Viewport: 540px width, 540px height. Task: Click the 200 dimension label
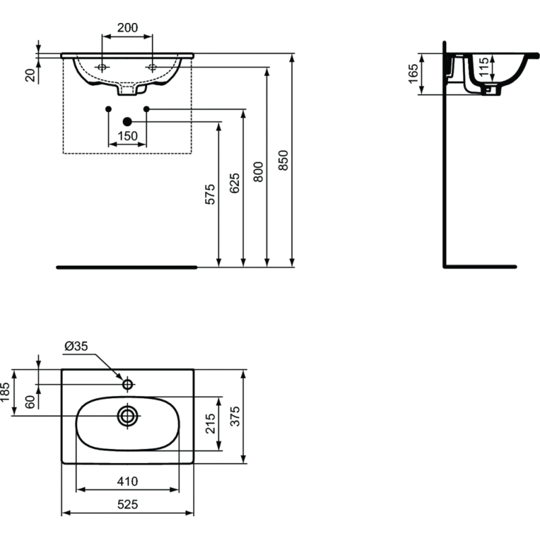coord(127,28)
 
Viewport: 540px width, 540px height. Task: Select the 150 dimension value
coord(128,136)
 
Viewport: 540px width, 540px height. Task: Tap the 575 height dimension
coord(210,194)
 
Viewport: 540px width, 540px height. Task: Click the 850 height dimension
coord(283,160)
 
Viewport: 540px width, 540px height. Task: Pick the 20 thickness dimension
coord(30,74)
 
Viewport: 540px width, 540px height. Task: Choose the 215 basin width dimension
coord(210,423)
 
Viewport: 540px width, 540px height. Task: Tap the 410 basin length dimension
coord(127,481)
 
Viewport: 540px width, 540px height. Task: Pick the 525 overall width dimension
coord(128,504)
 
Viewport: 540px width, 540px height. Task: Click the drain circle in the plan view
coord(127,415)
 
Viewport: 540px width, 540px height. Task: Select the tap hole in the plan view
coord(127,384)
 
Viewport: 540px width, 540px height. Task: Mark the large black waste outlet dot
coord(127,122)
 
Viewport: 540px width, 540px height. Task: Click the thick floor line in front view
coord(126,267)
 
